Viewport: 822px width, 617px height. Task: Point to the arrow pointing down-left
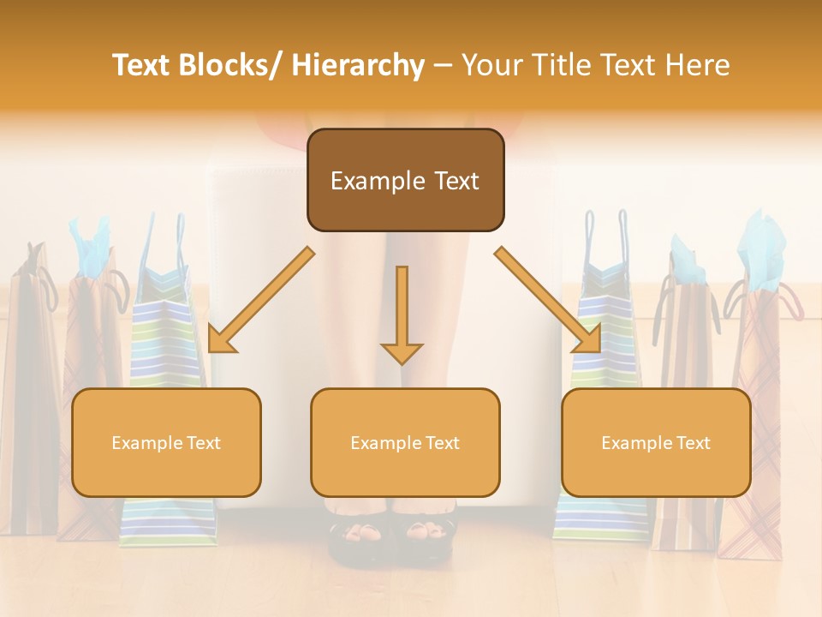point(260,300)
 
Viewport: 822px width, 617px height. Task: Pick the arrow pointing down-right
point(549,300)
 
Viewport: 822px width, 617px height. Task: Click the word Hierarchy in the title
point(358,65)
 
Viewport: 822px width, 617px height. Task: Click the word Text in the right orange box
point(692,443)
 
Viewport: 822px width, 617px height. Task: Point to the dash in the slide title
point(443,66)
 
